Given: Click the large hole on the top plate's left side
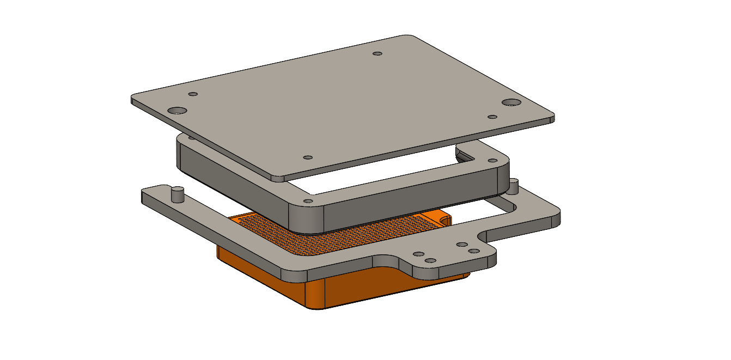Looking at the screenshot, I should (177, 111).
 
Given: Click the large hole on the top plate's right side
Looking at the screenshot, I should (511, 102).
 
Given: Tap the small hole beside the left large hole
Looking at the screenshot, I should (192, 94).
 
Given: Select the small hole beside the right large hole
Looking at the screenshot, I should (492, 117).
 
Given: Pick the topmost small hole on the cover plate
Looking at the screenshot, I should (377, 54).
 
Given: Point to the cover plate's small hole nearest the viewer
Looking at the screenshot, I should (307, 157).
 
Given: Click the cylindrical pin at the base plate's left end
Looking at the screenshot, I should (177, 193).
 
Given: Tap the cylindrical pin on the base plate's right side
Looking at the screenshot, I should (513, 187).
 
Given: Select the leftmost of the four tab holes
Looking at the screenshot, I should (419, 254).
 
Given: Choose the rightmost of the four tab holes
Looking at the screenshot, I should (474, 251).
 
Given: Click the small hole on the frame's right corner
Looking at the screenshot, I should (492, 161).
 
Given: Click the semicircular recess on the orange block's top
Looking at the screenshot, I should (444, 219).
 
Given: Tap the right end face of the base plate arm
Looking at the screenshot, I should (557, 219).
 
